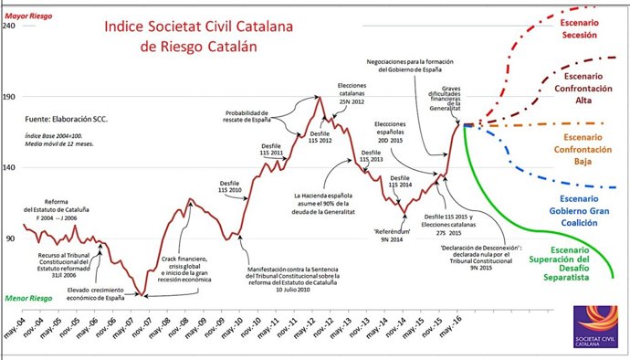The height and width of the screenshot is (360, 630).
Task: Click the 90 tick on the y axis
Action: point(11,238)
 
